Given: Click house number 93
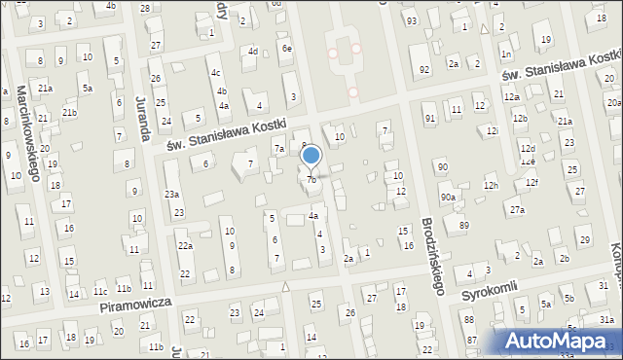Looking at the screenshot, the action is pyautogui.click(x=412, y=20).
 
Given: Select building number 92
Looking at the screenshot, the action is pyautogui.click(x=424, y=69).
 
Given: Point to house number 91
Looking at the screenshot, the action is pyautogui.click(x=430, y=118).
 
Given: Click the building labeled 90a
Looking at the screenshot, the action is pyautogui.click(x=447, y=198).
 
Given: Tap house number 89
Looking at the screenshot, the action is pyautogui.click(x=463, y=225).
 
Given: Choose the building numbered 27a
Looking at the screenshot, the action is pyautogui.click(x=517, y=209).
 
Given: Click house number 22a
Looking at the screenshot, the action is pyautogui.click(x=184, y=246).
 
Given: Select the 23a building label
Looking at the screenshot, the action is pyautogui.click(x=171, y=194).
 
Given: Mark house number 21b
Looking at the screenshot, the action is pyautogui.click(x=69, y=113).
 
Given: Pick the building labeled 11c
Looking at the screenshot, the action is pyautogui.click(x=100, y=290).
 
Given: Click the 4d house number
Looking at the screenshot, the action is pyautogui.click(x=253, y=51).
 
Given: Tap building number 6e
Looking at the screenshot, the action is pyautogui.click(x=286, y=48).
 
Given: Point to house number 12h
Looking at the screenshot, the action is pyautogui.click(x=491, y=185).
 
